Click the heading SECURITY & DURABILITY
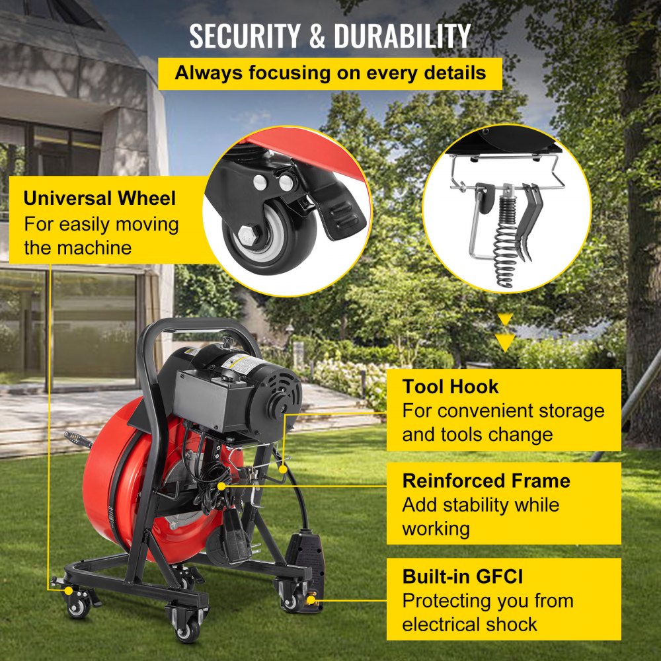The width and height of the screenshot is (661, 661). pos(330,36)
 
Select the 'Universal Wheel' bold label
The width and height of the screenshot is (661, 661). pos(100,198)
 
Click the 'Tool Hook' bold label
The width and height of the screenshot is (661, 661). pos(451,386)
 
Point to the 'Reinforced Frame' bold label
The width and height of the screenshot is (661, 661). pos(486,481)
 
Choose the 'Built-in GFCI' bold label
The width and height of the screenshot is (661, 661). pos(463,576)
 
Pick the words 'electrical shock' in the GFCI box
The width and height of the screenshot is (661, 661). pos(470,624)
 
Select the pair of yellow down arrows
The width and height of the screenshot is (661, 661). pos(506,332)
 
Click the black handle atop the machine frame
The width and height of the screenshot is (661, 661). pos(198,326)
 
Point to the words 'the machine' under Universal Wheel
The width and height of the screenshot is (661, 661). pos(78,248)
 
